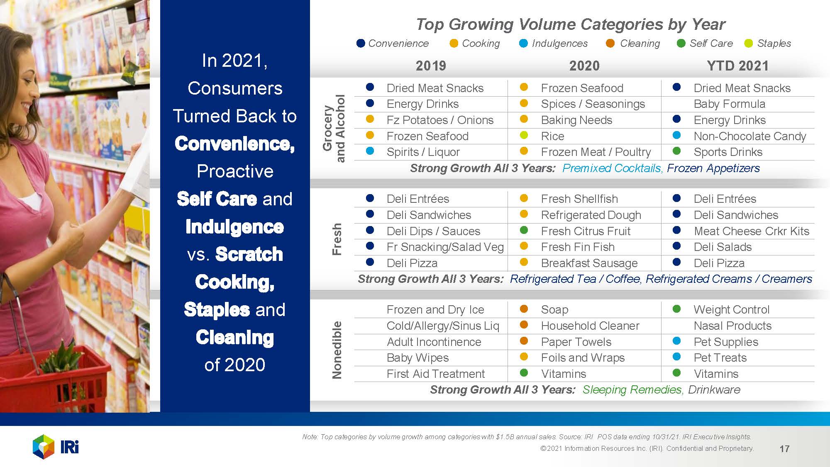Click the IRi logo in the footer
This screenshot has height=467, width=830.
coord(56,447)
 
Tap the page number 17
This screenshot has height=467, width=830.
coord(784,448)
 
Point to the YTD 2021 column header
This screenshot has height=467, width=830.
coord(737,66)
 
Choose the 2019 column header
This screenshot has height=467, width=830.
coord(431,66)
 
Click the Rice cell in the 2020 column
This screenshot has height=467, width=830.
coord(552,136)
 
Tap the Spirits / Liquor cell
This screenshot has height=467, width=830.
coord(423,152)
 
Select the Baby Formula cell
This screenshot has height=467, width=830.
coord(729,104)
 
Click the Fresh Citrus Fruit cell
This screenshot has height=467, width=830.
coord(585,231)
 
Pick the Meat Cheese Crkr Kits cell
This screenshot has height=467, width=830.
coord(751,231)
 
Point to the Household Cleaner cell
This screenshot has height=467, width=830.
coord(590,326)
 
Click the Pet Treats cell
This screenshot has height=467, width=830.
coord(720,358)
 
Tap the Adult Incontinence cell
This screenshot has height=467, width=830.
coord(434,342)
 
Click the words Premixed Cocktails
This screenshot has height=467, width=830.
coord(612,168)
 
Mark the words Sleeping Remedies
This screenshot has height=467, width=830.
coord(632,389)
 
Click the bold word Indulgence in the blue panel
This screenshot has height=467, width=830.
coord(234,227)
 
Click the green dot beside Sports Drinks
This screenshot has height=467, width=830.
coord(676,151)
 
